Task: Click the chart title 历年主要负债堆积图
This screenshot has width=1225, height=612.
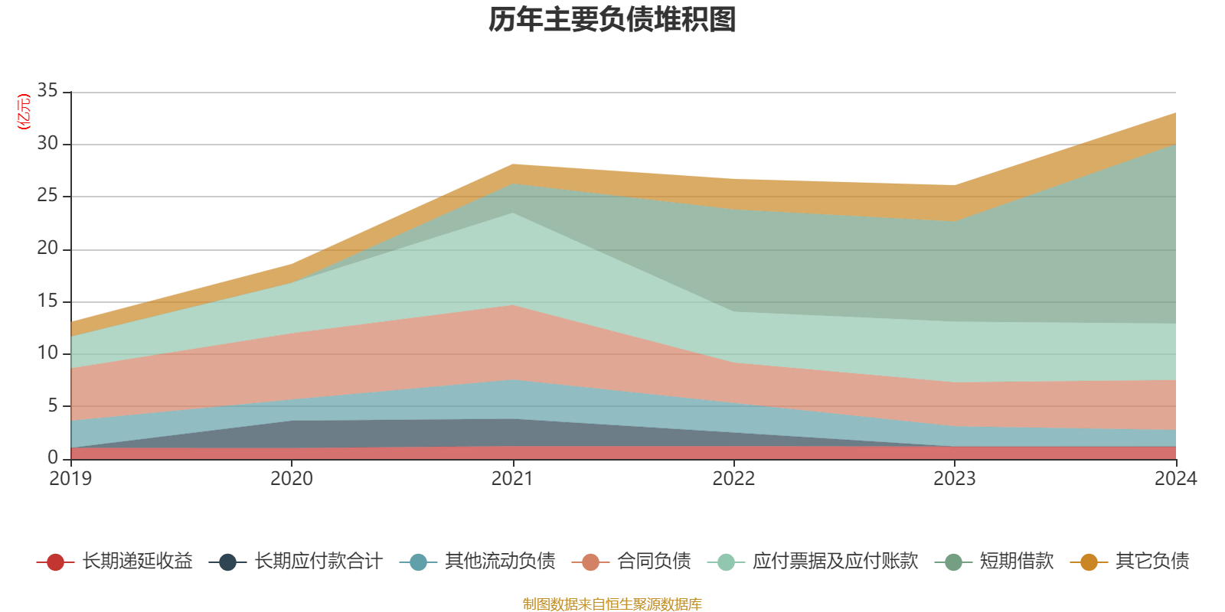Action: coord(612,20)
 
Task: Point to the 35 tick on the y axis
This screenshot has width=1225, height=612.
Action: coord(47,91)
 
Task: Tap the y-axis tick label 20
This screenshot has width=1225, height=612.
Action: coord(47,248)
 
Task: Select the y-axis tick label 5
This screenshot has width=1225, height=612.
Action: coord(52,405)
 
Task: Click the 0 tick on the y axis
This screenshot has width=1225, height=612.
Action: coord(52,457)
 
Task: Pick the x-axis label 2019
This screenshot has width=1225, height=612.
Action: coord(70,479)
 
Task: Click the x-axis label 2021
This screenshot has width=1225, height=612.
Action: coord(512,479)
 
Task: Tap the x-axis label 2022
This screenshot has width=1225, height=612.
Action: coord(733,479)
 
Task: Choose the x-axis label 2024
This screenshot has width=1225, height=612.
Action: coord(1175,479)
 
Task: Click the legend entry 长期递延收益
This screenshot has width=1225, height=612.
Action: coord(137,562)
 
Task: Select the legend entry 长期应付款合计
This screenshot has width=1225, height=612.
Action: coord(318,562)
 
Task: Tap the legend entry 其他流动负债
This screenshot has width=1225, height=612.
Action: coord(499,562)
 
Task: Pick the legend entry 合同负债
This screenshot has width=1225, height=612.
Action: coord(654,562)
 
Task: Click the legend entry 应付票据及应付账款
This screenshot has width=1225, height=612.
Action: coord(835,562)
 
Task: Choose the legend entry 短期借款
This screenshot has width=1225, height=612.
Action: coord(1016,562)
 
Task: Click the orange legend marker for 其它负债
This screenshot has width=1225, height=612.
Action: coord(1089,562)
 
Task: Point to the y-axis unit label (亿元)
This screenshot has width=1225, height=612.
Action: coord(24,112)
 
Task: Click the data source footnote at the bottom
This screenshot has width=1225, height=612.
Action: coord(612,604)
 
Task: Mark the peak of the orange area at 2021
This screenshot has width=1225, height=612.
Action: coord(512,164)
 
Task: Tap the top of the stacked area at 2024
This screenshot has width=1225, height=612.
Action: coord(1175,113)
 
